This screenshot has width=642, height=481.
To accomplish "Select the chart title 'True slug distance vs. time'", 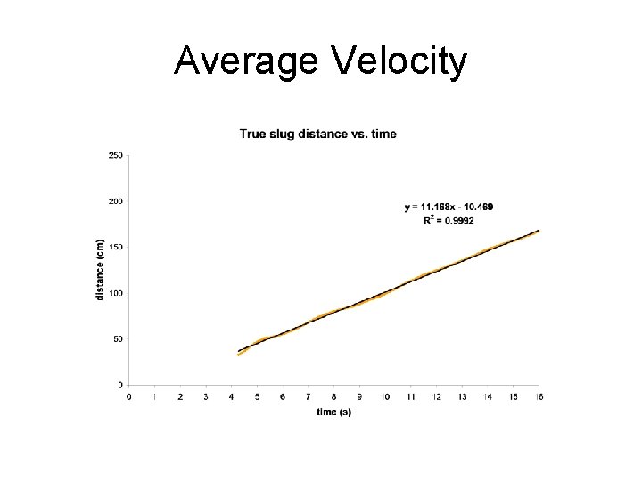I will click(x=318, y=135).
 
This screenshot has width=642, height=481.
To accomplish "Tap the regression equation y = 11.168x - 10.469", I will click(x=449, y=207).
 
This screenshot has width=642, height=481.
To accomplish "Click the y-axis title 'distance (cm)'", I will click(x=101, y=268).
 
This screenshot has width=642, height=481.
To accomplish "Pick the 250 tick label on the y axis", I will click(x=116, y=155).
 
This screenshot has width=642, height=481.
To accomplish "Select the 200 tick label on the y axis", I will click(x=116, y=201).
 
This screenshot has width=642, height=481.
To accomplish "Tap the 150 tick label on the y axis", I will click(x=116, y=247).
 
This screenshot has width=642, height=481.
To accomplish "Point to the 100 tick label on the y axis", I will click(x=116, y=293).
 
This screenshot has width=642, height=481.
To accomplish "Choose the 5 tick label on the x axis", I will click(x=258, y=396).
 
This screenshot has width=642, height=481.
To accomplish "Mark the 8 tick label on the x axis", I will click(x=334, y=396).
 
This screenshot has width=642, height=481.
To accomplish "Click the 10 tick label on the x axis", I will click(x=385, y=396).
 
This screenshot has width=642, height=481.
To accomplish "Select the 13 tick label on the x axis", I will click(x=462, y=396).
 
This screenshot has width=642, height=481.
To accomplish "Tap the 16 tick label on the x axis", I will click(x=539, y=396).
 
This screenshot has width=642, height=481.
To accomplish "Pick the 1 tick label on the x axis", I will click(x=155, y=396).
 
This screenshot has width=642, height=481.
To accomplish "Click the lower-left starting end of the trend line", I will click(x=239, y=352).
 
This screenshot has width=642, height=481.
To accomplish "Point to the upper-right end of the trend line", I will click(x=539, y=231).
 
